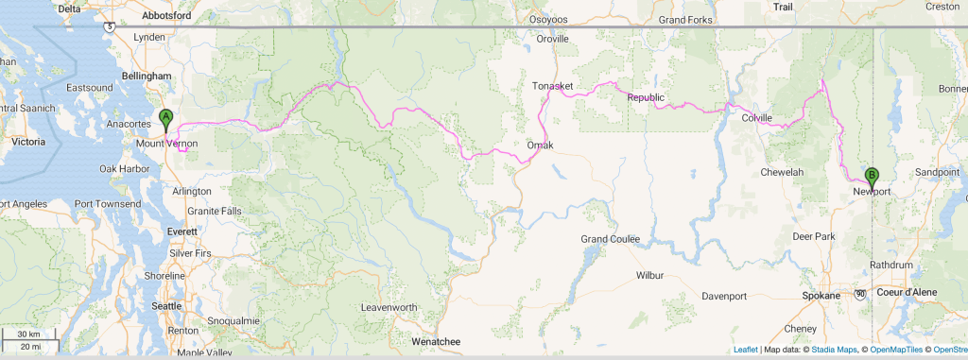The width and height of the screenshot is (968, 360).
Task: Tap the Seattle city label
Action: click(166, 305)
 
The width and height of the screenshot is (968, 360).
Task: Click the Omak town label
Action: click(540, 145)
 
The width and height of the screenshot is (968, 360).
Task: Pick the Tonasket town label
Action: click(553, 86)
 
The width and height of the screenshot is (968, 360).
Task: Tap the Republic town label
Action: click(646, 97)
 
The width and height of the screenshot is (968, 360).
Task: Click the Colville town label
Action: click(756, 118)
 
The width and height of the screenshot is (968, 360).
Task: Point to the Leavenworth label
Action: click(402, 307)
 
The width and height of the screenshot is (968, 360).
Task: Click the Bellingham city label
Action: click(145, 76)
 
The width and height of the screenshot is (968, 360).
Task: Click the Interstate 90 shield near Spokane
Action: click(860, 294)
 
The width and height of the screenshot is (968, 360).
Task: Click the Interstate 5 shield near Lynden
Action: click(111, 26)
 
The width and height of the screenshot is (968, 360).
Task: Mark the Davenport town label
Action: click(725, 297)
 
